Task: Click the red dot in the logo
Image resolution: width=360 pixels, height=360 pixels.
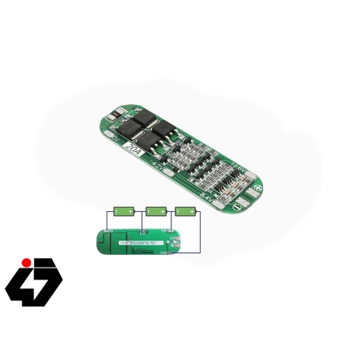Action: [x=25, y=262]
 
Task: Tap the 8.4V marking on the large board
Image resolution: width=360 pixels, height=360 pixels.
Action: [x=205, y=194]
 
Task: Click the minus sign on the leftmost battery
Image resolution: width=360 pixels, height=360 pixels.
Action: [x=117, y=212]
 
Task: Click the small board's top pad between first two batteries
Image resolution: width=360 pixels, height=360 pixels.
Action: [x=141, y=232]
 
